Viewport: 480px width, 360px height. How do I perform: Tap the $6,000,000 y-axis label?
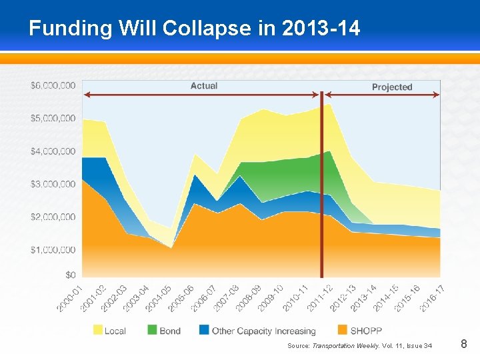coord(53,85)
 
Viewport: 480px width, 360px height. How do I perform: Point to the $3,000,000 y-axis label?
coord(53,184)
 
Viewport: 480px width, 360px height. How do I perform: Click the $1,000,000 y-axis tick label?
coord(53,250)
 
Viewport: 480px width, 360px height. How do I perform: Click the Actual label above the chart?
coord(204,86)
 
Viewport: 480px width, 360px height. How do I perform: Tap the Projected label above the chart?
coord(392,87)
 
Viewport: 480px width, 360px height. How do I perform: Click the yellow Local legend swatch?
coord(98,331)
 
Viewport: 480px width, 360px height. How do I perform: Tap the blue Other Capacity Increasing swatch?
coord(204,331)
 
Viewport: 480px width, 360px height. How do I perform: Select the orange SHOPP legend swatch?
coord(343,331)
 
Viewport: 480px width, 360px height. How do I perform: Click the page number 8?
coord(464,345)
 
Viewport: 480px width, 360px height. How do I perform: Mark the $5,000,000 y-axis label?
coord(53,119)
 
